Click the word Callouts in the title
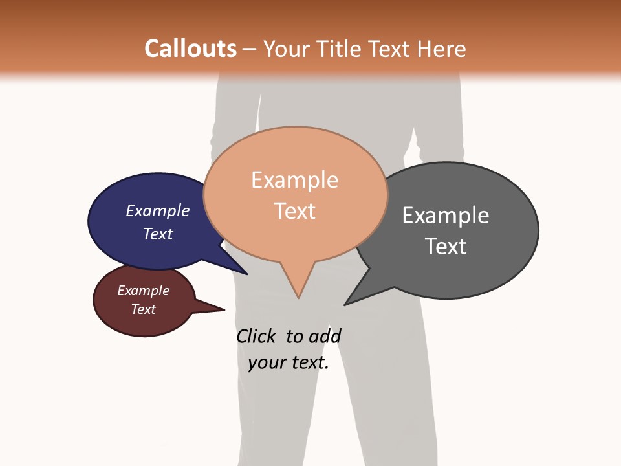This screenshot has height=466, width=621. coord(190,49)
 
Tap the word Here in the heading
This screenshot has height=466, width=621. coord(441,49)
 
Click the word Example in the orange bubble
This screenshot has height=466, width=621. coord(294,180)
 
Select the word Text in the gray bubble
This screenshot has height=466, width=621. coord(446,246)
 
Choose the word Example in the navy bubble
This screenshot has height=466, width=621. coord(158,210)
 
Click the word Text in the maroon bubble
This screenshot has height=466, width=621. coord(143,309)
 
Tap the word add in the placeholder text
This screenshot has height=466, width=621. coord(325,337)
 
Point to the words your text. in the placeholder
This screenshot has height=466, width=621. coord(288,362)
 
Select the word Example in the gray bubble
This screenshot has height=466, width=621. coord(446,215)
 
